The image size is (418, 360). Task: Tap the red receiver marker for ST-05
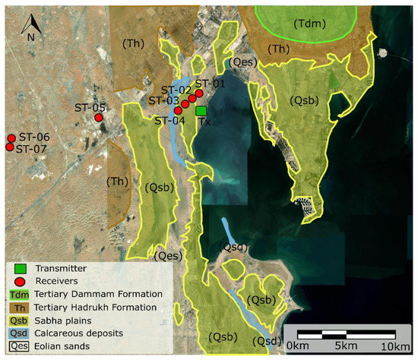(99, 118)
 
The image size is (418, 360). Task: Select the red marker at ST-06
(11, 138)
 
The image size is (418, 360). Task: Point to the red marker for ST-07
(11, 147)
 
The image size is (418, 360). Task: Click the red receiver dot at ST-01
(199, 93)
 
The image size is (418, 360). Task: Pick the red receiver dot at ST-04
(178, 111)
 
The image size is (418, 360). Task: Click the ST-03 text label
(163, 100)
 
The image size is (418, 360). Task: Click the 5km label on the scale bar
(345, 346)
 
